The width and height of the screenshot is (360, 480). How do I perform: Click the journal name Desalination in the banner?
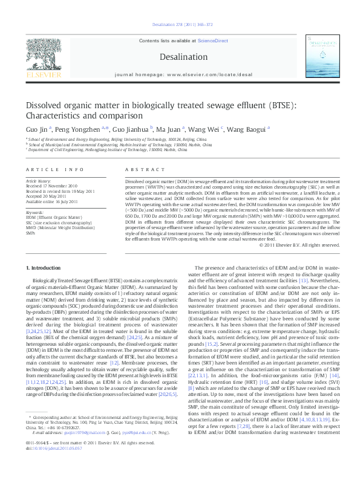[x=180, y=56]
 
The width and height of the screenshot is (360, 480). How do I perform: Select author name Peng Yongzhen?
[x=79, y=129]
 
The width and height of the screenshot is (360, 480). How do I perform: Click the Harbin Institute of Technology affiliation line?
[x=120, y=145]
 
